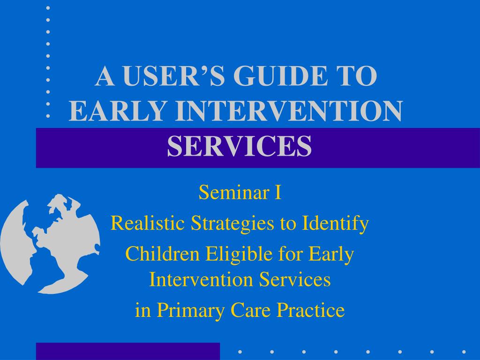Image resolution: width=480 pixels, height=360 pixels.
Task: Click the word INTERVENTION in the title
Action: (x=289, y=111)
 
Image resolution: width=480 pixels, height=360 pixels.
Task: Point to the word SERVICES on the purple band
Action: (x=240, y=146)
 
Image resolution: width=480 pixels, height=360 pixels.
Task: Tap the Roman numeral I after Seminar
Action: (x=277, y=193)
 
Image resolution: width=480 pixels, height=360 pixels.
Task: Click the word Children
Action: (x=161, y=254)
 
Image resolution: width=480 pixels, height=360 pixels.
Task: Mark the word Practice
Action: (x=311, y=310)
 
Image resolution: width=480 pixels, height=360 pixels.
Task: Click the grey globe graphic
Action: (x=50, y=244)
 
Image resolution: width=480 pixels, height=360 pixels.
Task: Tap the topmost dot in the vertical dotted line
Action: (x=48, y=8)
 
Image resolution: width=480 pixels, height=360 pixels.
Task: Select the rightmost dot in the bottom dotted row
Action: (x=464, y=352)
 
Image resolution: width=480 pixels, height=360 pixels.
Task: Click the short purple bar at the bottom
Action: (x=128, y=352)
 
